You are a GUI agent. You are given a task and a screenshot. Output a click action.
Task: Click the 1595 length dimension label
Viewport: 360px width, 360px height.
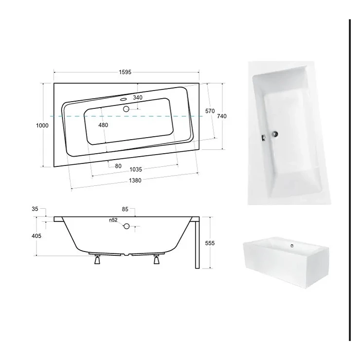(125, 72)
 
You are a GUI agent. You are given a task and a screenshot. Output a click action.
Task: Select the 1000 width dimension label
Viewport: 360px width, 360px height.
(42, 126)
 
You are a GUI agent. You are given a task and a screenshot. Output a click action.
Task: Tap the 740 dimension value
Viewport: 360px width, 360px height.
(222, 116)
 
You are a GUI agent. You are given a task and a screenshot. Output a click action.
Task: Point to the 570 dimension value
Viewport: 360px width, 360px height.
(210, 111)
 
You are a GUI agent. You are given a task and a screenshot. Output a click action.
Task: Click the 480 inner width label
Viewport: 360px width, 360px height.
(103, 125)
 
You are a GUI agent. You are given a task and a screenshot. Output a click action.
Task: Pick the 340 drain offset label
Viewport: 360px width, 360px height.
(138, 98)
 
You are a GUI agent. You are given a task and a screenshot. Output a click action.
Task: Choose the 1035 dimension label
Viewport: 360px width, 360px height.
(136, 170)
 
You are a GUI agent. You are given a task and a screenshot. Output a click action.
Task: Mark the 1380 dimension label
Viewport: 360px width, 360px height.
(135, 180)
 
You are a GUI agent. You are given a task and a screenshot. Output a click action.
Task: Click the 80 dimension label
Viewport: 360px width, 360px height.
(118, 166)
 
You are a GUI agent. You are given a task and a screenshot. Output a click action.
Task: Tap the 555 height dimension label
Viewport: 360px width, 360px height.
(210, 243)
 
